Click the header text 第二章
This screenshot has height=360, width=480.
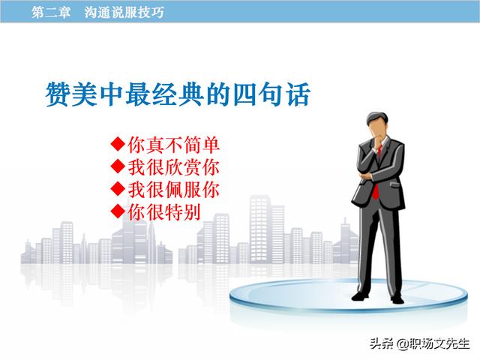click(x=51, y=12)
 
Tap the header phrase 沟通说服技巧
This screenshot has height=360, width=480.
click(x=124, y=12)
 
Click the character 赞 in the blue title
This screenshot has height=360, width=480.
click(x=58, y=94)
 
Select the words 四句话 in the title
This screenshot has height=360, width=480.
click(x=271, y=94)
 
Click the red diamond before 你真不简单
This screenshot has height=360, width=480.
click(x=118, y=144)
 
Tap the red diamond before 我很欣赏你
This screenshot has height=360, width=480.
click(x=118, y=166)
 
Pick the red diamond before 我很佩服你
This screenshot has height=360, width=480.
click(x=118, y=189)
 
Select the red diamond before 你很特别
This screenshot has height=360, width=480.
click(x=118, y=211)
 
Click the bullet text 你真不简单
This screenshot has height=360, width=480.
click(x=173, y=145)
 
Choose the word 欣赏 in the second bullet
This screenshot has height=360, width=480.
click(x=183, y=167)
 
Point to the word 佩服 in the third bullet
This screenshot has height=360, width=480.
click(x=183, y=190)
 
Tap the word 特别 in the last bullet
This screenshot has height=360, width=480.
click(x=183, y=211)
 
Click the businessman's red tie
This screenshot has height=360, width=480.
click(x=376, y=184)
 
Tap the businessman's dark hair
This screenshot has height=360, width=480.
click(x=378, y=118)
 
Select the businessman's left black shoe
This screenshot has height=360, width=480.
click(x=360, y=296)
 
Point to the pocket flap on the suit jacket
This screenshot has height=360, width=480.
click(x=394, y=184)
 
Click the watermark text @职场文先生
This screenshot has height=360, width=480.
click(x=433, y=343)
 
